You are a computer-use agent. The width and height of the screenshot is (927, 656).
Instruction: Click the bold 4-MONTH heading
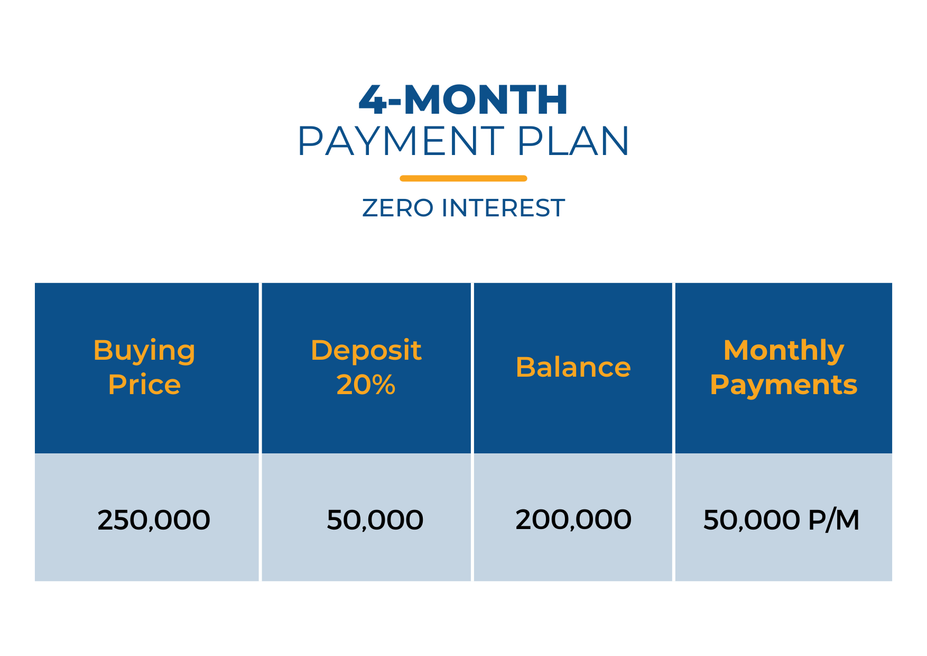[463, 99]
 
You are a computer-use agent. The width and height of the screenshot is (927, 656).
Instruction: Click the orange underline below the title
[463, 178]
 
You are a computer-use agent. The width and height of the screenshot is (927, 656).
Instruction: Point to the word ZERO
[398, 208]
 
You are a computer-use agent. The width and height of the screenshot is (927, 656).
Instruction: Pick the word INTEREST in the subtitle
[503, 208]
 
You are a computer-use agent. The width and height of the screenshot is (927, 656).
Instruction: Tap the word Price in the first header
[144, 385]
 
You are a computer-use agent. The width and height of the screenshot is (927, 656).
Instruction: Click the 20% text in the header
[366, 385]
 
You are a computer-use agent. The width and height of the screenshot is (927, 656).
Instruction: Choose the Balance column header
[573, 367]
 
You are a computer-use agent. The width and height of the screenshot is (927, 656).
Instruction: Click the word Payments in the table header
[784, 385]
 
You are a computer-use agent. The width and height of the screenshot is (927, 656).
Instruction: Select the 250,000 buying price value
[154, 520]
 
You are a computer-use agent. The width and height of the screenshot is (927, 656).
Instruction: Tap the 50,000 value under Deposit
[375, 520]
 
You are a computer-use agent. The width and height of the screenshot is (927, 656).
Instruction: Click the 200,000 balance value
[573, 520]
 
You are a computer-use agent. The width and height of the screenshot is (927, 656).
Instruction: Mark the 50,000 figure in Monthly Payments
[752, 520]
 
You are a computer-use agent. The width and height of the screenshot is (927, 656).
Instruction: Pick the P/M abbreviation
[834, 520]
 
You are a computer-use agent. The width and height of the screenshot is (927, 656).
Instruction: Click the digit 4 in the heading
[373, 99]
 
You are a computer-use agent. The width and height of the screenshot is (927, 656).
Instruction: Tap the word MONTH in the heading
[486, 99]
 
